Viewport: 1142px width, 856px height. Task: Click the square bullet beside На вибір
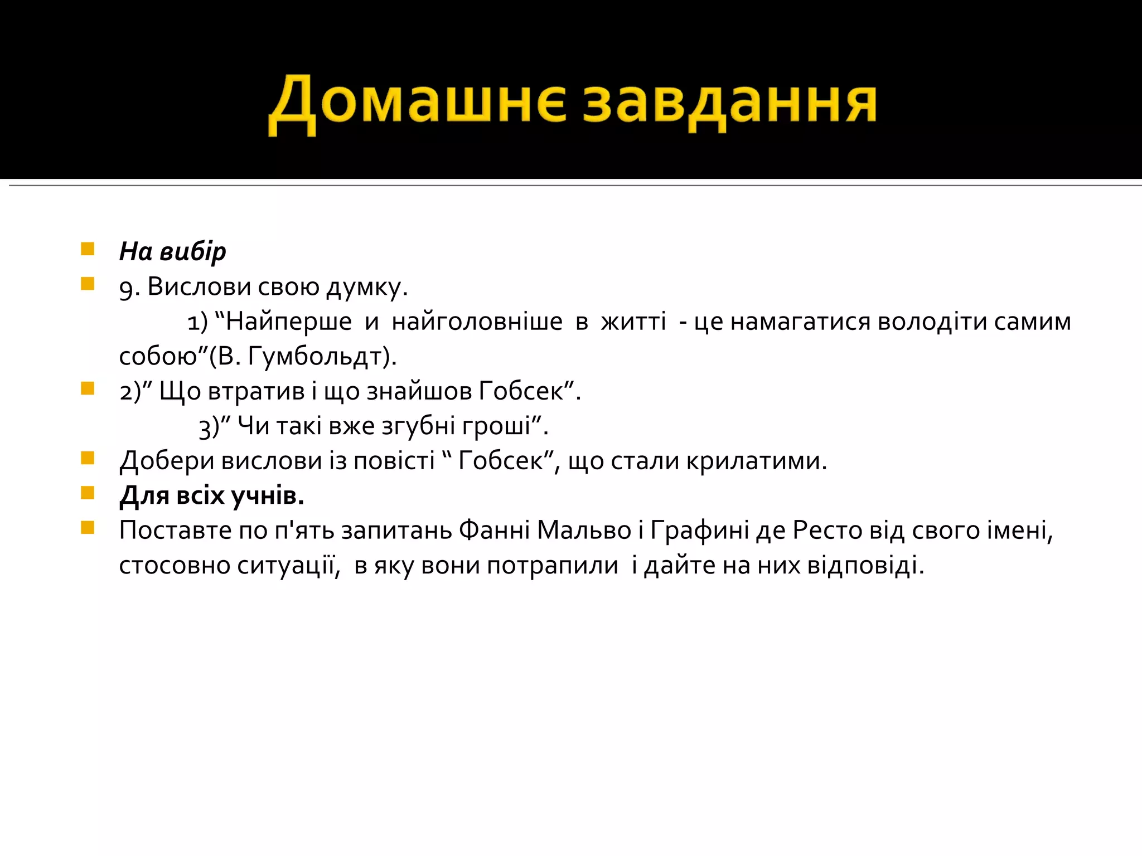[88, 249]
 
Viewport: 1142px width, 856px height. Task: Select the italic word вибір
[193, 252]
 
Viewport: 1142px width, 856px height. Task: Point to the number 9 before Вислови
[126, 288]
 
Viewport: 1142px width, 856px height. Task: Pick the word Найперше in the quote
[288, 322]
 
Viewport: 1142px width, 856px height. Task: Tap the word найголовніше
[477, 322]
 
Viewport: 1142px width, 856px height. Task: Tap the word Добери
[167, 461]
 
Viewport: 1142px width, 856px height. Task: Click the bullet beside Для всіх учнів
[88, 493]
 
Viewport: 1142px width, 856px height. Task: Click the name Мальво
[584, 531]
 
